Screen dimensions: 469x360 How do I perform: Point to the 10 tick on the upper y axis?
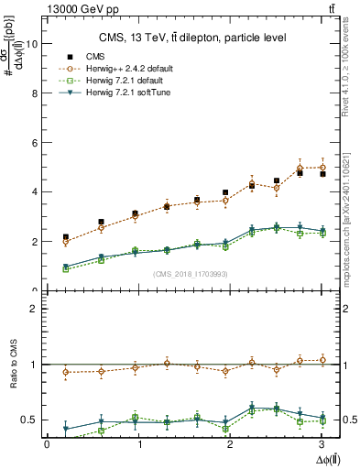click(x=35, y=43)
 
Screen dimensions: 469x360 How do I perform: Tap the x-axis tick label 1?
click(x=140, y=445)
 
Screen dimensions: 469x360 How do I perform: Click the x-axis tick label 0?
click(x=47, y=445)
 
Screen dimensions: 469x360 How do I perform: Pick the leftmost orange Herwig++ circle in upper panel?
click(x=65, y=243)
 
